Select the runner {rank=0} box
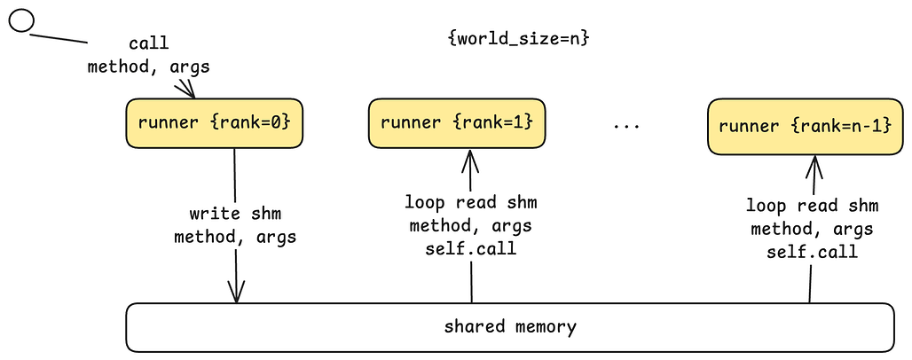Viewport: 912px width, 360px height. [x=214, y=122]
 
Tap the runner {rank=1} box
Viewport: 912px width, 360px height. [x=456, y=122]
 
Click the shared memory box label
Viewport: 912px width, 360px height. [x=510, y=326]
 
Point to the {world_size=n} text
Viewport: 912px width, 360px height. [x=519, y=39]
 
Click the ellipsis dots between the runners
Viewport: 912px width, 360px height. [x=626, y=127]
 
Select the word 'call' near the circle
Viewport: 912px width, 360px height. [x=148, y=43]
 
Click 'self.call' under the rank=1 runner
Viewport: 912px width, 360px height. [x=470, y=249]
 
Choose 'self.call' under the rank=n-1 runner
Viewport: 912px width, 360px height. [x=812, y=252]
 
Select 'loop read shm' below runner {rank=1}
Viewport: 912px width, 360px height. [x=470, y=202]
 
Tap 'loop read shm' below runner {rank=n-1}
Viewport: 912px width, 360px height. [x=812, y=206]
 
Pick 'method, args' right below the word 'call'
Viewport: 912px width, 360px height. [x=148, y=67]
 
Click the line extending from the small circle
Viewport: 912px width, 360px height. [x=60, y=38]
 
